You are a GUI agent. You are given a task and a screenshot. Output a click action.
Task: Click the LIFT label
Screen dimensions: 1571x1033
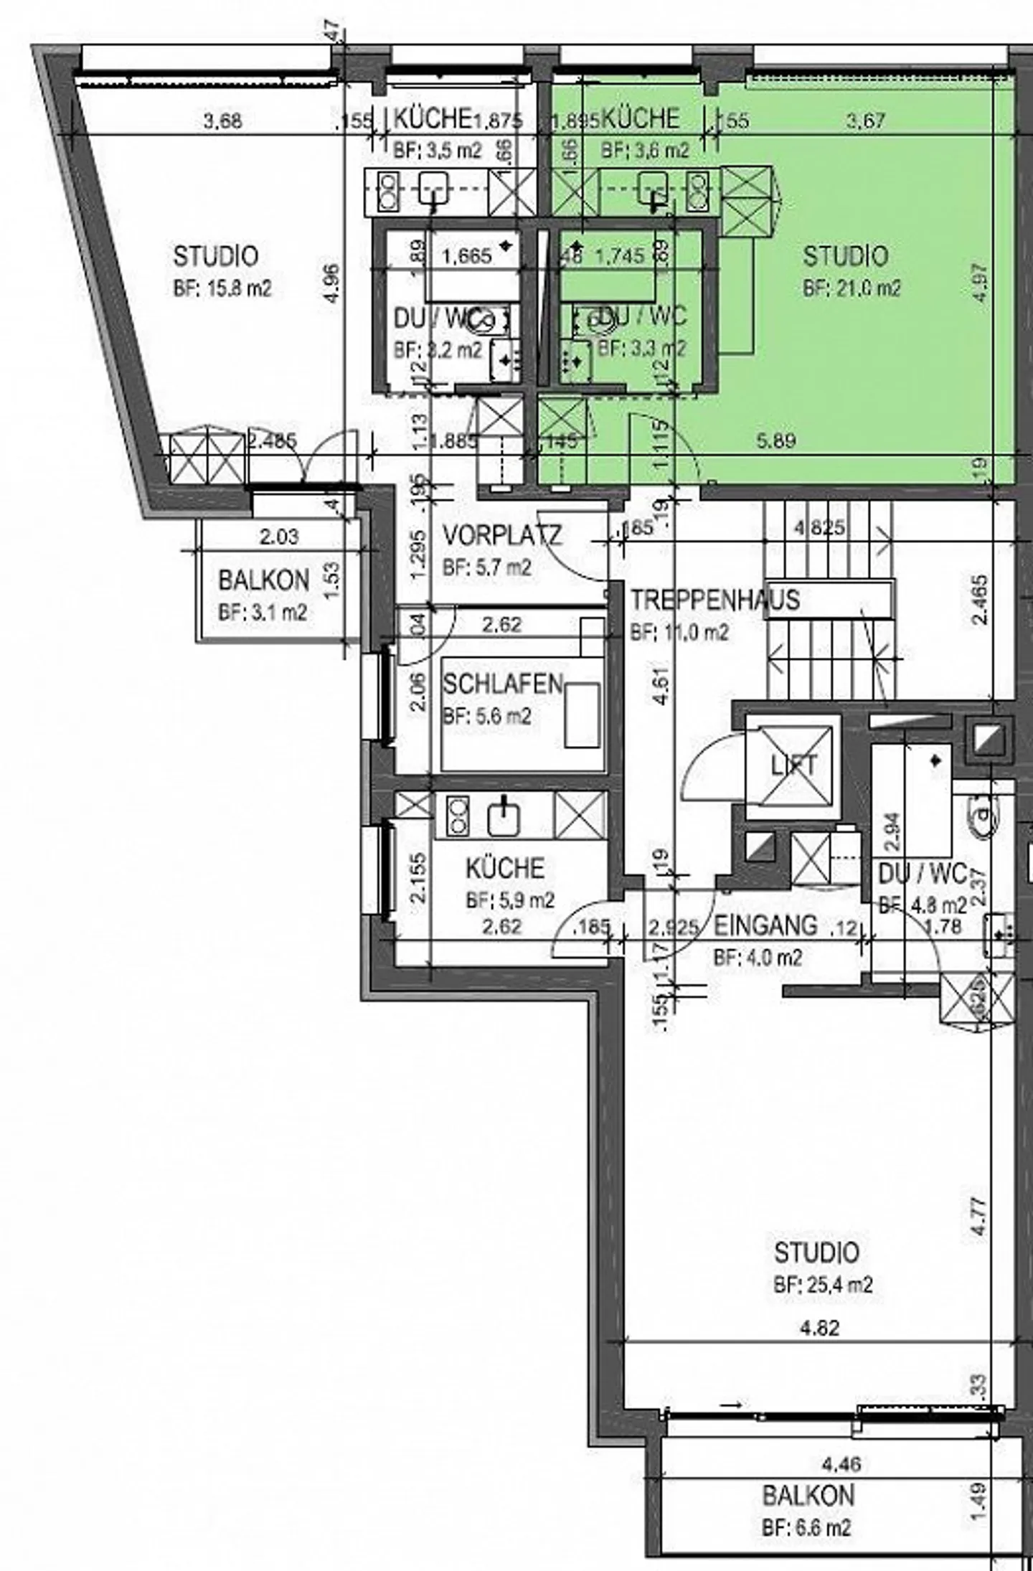[x=793, y=765]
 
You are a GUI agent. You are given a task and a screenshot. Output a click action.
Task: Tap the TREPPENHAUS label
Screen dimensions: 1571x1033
[x=714, y=600]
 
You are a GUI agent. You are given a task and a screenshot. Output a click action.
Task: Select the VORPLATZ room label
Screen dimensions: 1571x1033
[x=502, y=535]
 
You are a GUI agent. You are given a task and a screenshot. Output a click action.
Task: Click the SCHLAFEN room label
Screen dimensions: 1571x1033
[x=502, y=684]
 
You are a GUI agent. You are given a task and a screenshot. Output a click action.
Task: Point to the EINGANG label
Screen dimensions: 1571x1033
[x=765, y=926]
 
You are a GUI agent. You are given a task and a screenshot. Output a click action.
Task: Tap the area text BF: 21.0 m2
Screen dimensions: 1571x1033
[x=852, y=288]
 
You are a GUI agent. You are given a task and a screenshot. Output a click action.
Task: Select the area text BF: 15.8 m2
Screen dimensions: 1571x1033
[x=222, y=288]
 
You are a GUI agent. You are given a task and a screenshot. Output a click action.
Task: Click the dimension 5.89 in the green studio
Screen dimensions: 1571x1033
[x=776, y=440]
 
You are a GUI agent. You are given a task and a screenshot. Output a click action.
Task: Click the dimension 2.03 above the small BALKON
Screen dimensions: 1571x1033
[x=280, y=537]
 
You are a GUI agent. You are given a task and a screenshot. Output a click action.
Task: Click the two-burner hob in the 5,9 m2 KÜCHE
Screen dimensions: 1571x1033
[x=457, y=818]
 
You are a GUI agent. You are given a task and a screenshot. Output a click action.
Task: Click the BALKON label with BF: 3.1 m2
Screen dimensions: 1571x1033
[x=263, y=580]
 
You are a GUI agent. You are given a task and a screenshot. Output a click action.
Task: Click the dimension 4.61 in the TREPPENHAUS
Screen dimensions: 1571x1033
[x=664, y=687]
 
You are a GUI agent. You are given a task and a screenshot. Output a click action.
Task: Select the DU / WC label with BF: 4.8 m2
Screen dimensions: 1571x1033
[x=923, y=874]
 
